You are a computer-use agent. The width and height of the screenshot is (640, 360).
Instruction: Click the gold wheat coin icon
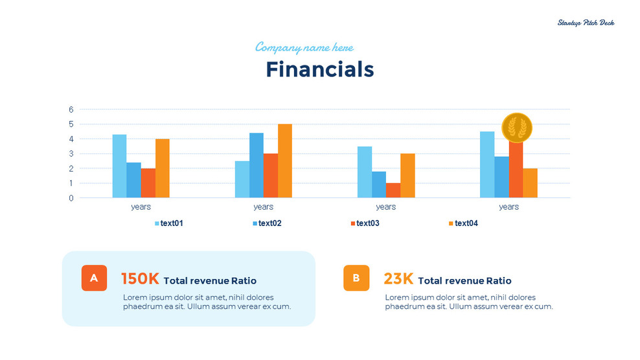516,128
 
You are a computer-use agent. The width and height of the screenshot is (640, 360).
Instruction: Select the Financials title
319,69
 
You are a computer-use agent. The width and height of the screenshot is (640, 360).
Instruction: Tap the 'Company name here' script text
304,47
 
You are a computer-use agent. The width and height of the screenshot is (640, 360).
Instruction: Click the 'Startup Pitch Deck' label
586,23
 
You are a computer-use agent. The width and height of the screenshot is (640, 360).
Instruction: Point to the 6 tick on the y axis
71,109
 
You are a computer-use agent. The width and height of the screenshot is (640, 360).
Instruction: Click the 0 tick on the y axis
71,198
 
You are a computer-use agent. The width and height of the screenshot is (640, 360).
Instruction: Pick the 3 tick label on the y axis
71,153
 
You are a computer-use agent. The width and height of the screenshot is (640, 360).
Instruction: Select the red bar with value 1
393,190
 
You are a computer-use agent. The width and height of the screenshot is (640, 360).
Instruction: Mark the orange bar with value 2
530,183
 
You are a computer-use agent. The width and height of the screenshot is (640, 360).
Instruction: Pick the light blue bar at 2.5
242,179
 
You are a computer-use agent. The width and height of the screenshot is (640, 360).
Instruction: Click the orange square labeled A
94,278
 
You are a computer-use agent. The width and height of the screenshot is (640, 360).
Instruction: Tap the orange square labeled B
356,278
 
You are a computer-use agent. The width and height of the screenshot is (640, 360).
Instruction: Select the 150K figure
140,279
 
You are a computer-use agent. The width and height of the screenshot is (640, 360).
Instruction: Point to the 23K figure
398,279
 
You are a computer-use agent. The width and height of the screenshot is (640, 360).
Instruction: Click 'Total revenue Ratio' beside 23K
464,281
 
